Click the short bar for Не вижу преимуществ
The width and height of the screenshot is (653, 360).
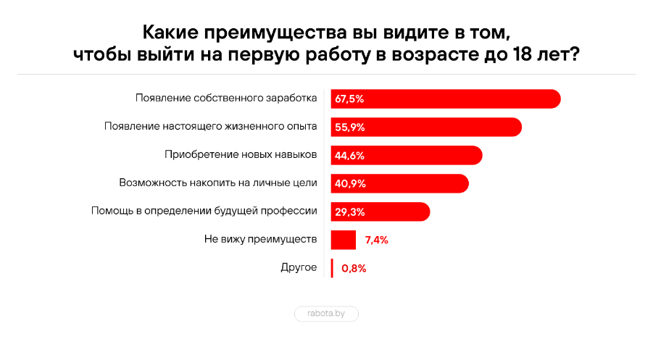coord(344,240)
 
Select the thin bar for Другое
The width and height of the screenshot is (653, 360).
coord(332,268)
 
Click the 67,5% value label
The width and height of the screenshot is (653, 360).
coord(349,99)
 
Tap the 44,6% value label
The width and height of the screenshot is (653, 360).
coord(349,155)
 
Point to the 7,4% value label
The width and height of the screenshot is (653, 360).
coord(377,240)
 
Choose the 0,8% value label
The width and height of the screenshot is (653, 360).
coord(354,268)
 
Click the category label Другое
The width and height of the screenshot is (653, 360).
coord(299,267)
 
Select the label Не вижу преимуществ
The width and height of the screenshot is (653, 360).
coord(261,239)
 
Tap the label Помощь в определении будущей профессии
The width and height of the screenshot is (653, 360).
coord(204,211)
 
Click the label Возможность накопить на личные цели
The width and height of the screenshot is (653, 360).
coord(217,183)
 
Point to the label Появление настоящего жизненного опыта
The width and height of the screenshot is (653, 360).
coord(210,126)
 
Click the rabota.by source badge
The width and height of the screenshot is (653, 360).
coord(326,314)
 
